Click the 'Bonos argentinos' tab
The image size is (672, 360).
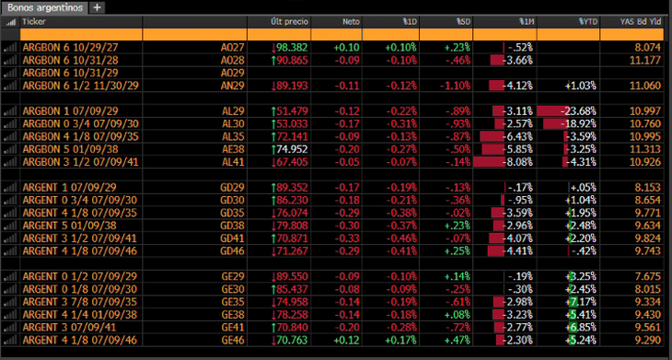(x=45, y=7)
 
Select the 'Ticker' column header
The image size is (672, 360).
(x=34, y=22)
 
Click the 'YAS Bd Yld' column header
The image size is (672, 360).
(x=642, y=22)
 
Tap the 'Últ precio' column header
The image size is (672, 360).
(x=290, y=22)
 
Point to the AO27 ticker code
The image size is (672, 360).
(x=232, y=48)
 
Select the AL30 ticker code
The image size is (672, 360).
(x=233, y=124)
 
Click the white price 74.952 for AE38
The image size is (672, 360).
(x=293, y=149)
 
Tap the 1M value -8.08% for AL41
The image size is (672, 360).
(x=520, y=162)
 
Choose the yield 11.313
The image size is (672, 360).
(x=645, y=149)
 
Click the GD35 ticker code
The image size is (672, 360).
(x=233, y=213)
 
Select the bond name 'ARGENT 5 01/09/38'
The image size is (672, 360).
(x=69, y=226)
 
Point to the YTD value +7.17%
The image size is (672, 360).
(x=581, y=302)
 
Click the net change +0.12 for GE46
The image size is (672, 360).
(x=346, y=341)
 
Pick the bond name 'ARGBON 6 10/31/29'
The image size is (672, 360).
(x=71, y=73)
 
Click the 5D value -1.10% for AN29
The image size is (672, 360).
(x=455, y=86)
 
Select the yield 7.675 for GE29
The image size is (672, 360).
(x=648, y=276)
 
